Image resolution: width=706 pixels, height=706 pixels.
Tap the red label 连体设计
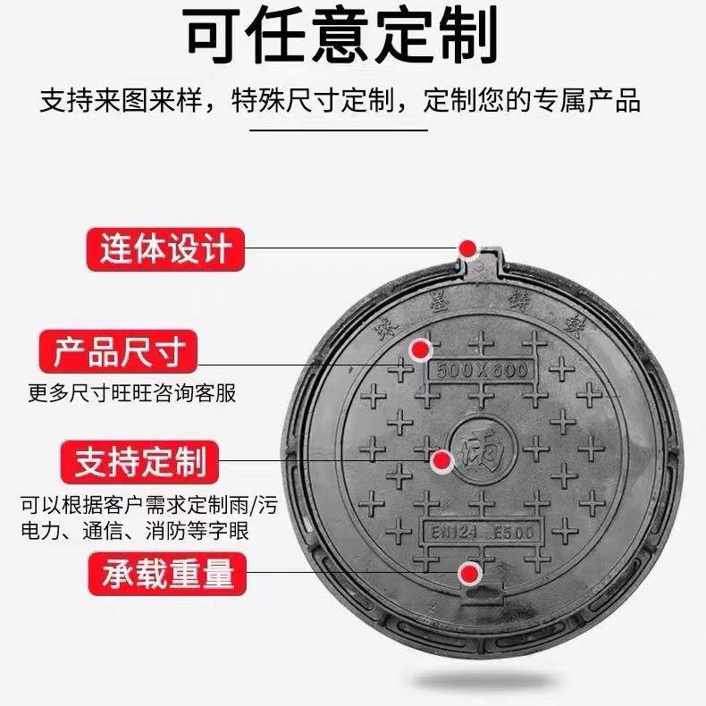pos(164,248)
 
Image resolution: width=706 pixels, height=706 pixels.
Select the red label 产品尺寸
pos(117,351)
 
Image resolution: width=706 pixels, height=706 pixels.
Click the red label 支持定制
pos(139,461)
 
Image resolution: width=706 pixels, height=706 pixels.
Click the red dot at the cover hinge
pos(466,248)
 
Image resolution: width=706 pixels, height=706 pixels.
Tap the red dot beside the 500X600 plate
pos(418,349)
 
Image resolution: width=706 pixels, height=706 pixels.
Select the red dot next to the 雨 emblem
pos(441,461)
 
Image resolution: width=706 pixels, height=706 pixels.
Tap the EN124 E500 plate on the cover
pos(479,533)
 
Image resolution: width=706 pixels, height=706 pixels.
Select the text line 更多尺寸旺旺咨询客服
pos(131,393)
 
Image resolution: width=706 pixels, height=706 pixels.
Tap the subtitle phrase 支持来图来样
pos(123,100)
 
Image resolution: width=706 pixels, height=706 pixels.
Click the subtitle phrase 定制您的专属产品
pos(534,100)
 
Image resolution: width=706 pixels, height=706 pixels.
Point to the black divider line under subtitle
pos(351,131)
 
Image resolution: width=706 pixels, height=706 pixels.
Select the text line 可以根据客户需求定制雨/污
pos(149,505)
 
